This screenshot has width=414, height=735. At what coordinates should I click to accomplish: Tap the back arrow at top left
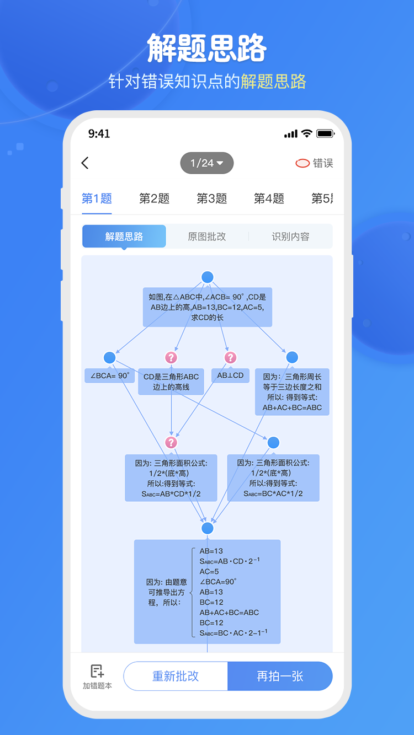click(x=85, y=163)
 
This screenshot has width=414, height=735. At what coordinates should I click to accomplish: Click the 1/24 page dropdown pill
click(x=207, y=163)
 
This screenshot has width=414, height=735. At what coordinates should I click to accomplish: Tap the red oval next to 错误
click(x=302, y=163)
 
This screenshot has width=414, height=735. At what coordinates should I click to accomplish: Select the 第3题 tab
click(x=211, y=198)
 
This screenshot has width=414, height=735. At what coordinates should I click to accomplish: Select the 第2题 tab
click(x=154, y=198)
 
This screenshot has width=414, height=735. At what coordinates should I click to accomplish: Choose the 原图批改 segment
click(x=207, y=237)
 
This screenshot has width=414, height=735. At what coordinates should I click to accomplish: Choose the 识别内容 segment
click(x=290, y=237)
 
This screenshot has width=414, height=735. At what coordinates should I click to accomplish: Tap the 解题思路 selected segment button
click(x=124, y=237)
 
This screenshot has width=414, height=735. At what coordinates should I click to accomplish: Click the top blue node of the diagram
click(x=208, y=277)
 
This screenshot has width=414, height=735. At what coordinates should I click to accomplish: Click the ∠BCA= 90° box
click(x=110, y=376)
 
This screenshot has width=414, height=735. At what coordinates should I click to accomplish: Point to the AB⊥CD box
click(x=230, y=375)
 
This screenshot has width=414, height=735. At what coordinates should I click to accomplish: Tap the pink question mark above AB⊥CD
click(x=231, y=357)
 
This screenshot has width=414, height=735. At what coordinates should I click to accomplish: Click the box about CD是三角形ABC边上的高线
click(x=171, y=382)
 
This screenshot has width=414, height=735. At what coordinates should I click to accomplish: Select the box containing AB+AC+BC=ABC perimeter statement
click(x=292, y=392)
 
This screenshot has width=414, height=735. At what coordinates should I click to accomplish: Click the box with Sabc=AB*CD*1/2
click(x=171, y=478)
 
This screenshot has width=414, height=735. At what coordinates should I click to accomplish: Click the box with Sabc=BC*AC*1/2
click(x=273, y=478)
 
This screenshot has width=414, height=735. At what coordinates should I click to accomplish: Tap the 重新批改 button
click(x=176, y=676)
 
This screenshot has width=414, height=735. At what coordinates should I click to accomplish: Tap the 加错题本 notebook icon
click(x=97, y=672)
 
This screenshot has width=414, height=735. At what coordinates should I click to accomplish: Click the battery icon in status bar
click(x=325, y=134)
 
